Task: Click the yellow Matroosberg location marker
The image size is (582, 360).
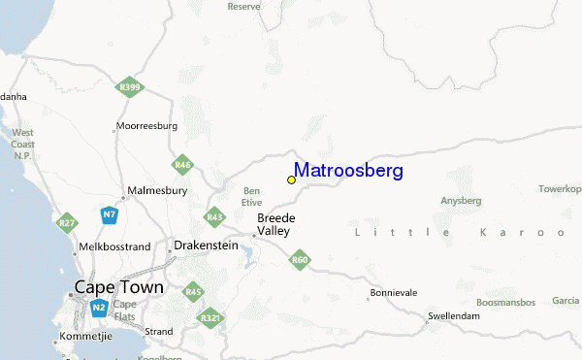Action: pyautogui.click(x=291, y=180)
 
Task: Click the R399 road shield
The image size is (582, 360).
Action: pyautogui.click(x=129, y=88)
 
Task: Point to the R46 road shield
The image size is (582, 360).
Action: pyautogui.click(x=182, y=165)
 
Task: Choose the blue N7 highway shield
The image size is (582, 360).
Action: pyautogui.click(x=110, y=213)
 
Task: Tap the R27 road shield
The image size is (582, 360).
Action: pyautogui.click(x=66, y=224)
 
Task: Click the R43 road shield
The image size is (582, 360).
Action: pyautogui.click(x=214, y=216)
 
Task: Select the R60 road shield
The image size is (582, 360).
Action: pyautogui.click(x=300, y=259)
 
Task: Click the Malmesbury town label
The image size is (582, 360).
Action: pyautogui.click(x=157, y=191)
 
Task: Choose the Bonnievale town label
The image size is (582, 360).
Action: pyautogui.click(x=395, y=292)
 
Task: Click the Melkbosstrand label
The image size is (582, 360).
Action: pyautogui.click(x=116, y=247)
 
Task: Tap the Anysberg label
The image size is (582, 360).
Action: pyautogui.click(x=461, y=201)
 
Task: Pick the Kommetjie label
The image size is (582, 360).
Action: pyautogui.click(x=86, y=336)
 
